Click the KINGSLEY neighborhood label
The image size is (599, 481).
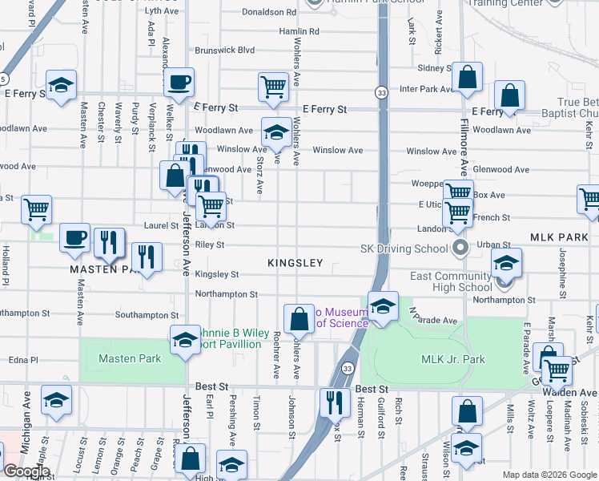point(295,263)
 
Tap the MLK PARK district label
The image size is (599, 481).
point(558,239)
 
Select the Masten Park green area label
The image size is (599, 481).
point(130,358)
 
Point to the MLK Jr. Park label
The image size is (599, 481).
point(453,359)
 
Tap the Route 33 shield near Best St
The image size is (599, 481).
point(347,368)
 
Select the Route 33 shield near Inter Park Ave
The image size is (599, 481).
point(383,92)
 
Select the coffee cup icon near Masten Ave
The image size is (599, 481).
point(75,238)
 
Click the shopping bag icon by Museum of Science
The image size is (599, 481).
point(299,318)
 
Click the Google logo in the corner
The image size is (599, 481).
point(26,472)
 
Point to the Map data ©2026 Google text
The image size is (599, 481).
point(549,475)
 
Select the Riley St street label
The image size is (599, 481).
point(210,245)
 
